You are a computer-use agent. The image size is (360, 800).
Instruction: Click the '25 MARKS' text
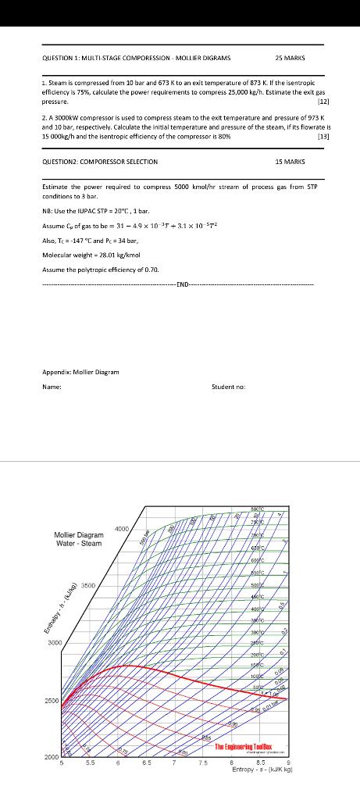290,58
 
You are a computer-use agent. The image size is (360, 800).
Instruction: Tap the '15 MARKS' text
290,162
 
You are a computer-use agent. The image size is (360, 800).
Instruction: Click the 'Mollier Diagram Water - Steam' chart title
78,539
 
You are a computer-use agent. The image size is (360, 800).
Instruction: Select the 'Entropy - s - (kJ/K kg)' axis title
262,770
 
